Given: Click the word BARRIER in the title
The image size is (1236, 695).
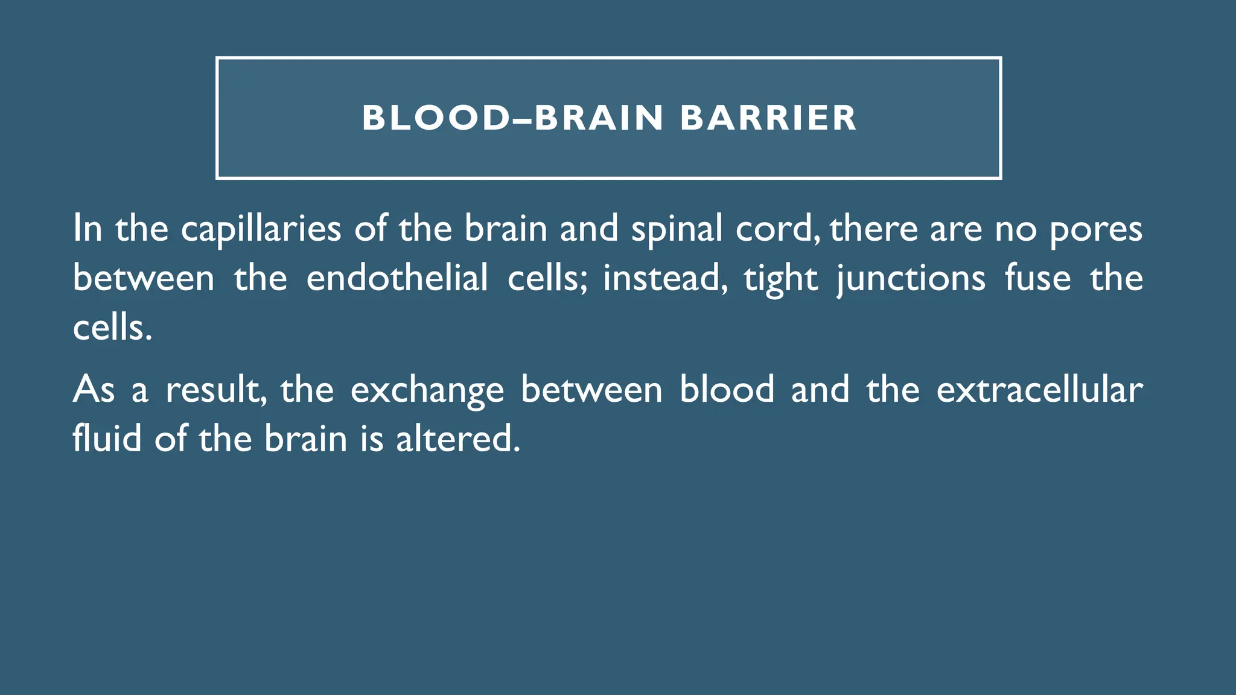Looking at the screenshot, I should (x=768, y=118).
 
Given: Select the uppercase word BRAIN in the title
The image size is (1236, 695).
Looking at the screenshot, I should (x=599, y=118).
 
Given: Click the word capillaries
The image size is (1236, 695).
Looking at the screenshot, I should (x=261, y=229).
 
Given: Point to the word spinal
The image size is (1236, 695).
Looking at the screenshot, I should (x=677, y=229).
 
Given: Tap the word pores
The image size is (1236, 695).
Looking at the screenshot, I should (x=1096, y=229).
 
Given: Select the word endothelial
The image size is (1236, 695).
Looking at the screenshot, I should (x=397, y=278).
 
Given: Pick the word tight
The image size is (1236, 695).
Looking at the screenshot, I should (x=780, y=279).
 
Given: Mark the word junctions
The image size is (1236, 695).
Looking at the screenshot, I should (x=911, y=279).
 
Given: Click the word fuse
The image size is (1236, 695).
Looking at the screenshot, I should (x=1037, y=278).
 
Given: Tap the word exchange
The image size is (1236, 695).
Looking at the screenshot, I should (x=427, y=390).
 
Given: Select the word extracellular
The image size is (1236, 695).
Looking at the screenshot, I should (x=1039, y=389).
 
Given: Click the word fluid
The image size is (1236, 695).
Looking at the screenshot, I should (x=107, y=438).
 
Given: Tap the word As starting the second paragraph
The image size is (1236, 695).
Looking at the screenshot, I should (x=94, y=389).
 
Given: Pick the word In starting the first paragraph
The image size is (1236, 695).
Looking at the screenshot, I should (x=87, y=229).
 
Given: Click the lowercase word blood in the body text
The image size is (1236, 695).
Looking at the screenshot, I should (x=727, y=389).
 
